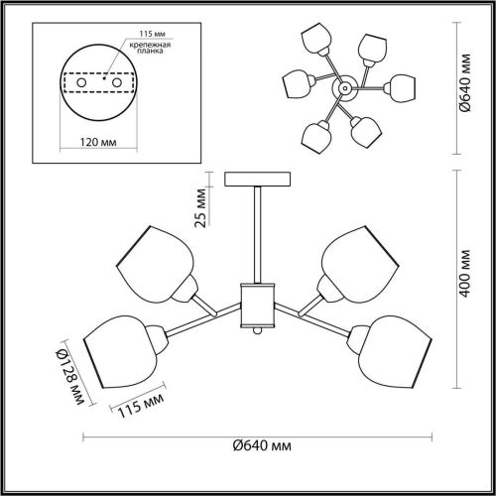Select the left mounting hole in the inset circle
(80, 81)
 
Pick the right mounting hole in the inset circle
(114, 81)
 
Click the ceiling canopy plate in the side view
(259, 180)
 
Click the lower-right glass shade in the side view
(390, 351)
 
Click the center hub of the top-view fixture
(344, 89)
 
